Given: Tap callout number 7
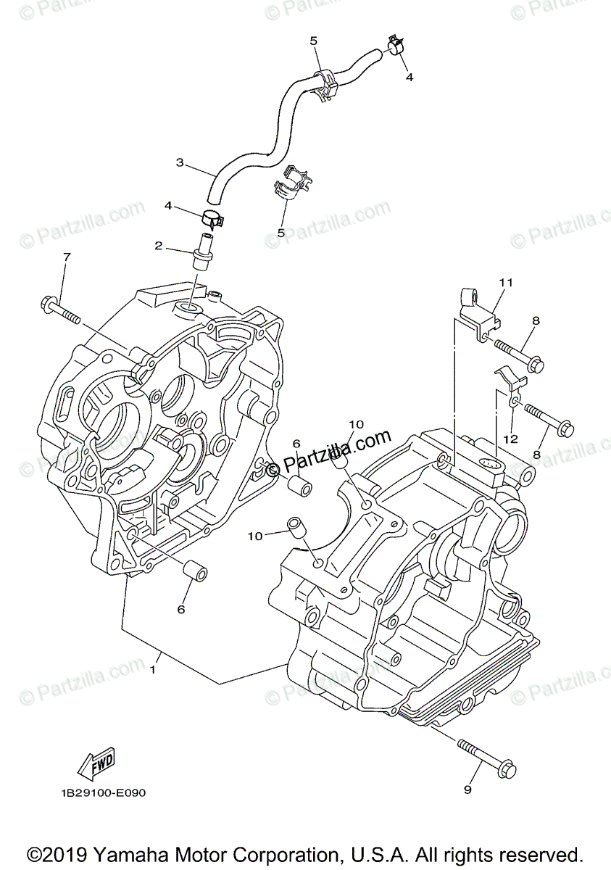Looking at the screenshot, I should (x=67, y=257).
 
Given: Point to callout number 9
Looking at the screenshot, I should (x=467, y=789).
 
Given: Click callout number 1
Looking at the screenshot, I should (x=153, y=670).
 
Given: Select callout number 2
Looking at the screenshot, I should (x=158, y=246).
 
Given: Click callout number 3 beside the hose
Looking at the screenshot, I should (x=180, y=162).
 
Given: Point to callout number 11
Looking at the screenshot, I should (x=505, y=282).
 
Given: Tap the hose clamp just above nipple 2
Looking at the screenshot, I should (x=211, y=215).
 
